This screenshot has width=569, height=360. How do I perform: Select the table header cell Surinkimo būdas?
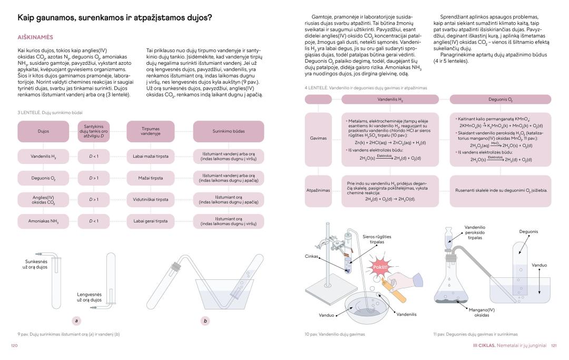228,131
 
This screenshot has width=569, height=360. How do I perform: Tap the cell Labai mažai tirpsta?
150,157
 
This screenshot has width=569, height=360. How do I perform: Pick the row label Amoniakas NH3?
44,221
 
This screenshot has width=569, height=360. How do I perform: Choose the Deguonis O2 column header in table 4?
500,100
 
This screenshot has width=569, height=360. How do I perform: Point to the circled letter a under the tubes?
77,320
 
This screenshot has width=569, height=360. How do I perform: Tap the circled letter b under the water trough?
205,320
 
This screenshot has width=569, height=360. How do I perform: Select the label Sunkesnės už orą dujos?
36,264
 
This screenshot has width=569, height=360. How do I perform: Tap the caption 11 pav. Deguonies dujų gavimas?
475,334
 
